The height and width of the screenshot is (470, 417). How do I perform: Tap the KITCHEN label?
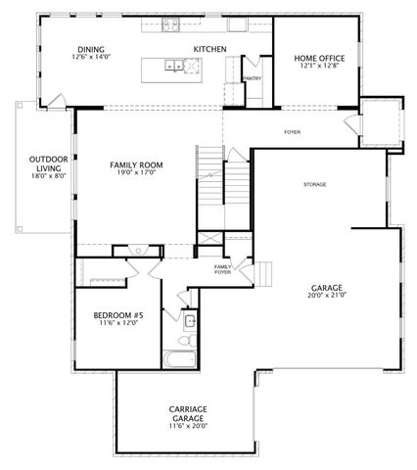[x=209, y=48]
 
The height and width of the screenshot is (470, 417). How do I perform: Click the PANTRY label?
[x=251, y=78]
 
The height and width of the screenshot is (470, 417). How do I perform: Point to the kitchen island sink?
[x=173, y=67]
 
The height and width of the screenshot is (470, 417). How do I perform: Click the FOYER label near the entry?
[x=292, y=131]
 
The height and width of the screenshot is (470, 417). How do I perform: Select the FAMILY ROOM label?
[x=136, y=164]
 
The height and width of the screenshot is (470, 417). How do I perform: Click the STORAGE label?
[x=314, y=184]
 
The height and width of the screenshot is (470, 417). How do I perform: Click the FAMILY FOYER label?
[x=223, y=267]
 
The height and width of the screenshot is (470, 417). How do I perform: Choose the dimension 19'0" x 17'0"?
[x=136, y=173]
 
